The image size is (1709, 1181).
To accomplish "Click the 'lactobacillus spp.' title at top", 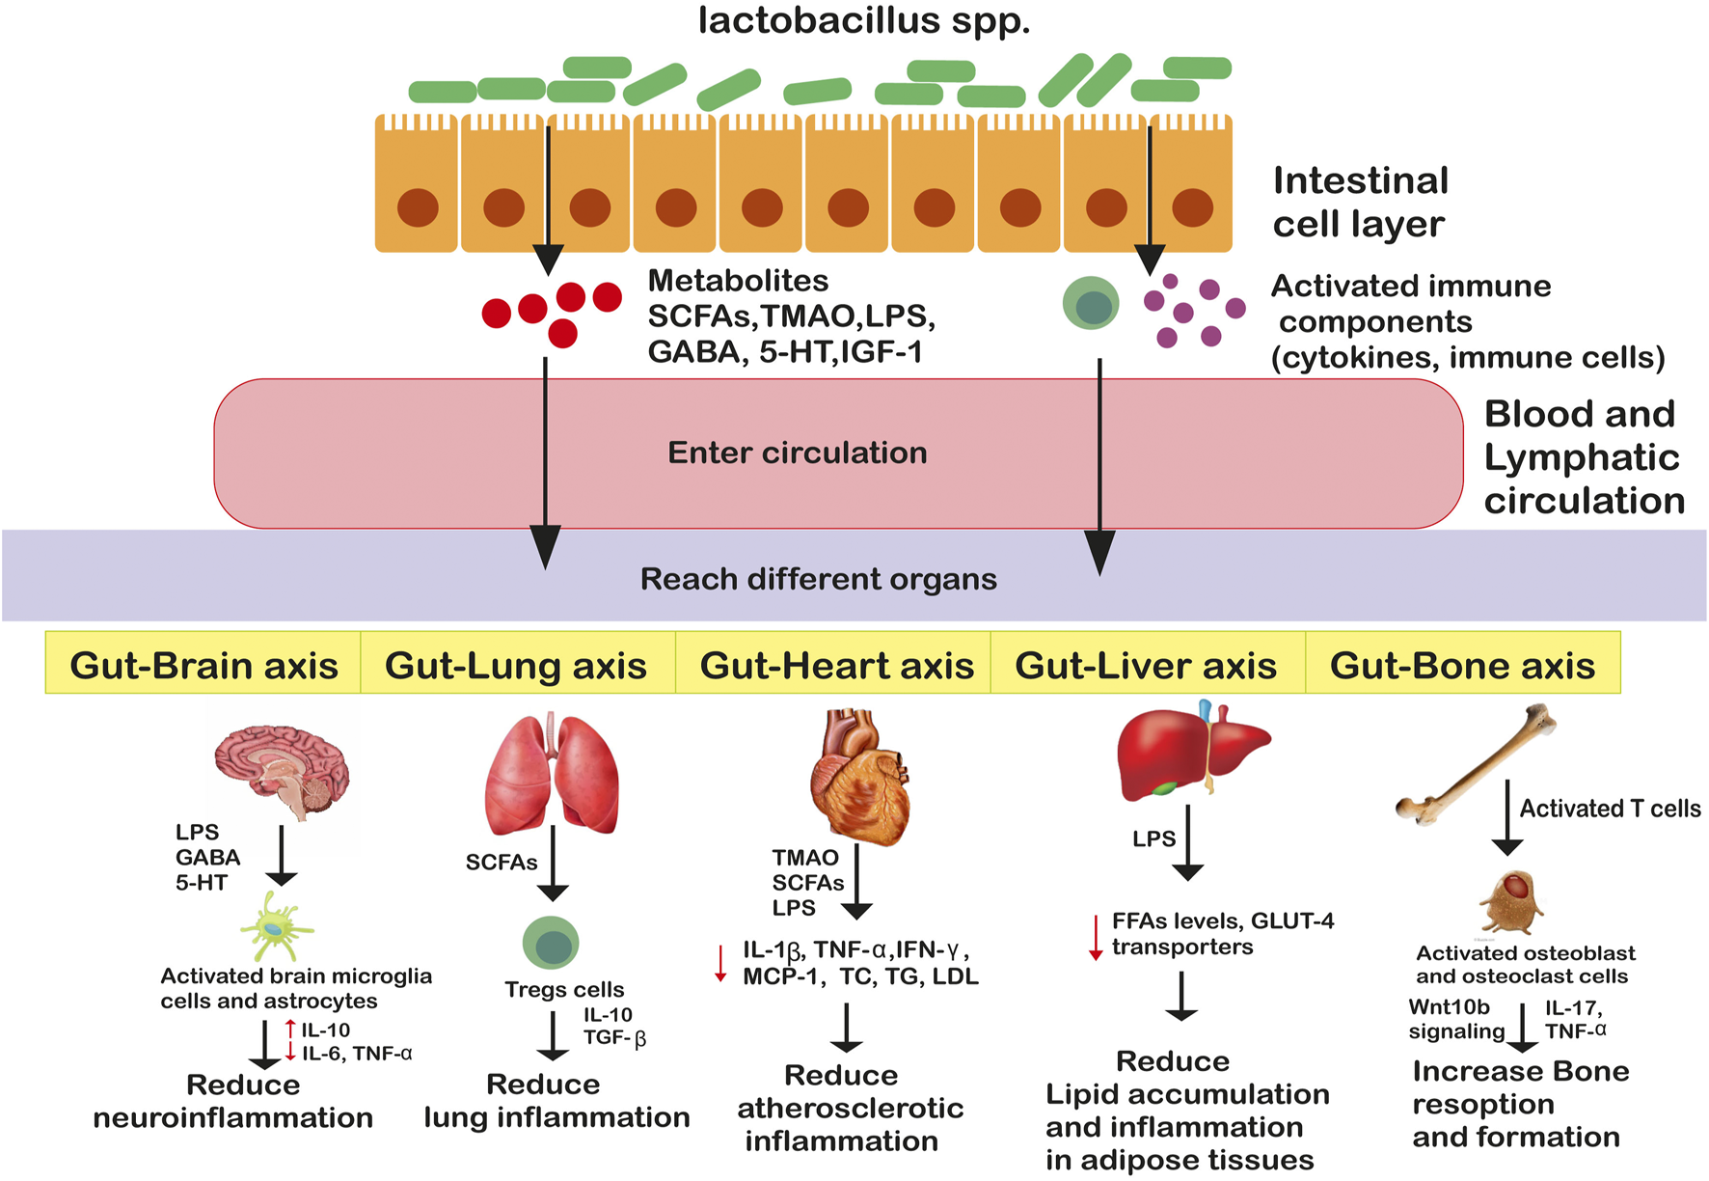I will click(x=864, y=20).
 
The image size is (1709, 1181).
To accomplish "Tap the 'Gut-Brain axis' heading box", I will click(x=203, y=665).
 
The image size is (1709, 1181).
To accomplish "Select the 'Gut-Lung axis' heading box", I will click(x=516, y=665).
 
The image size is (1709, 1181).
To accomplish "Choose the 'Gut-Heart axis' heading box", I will click(x=836, y=665).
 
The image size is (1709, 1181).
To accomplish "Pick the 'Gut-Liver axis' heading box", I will click(x=1146, y=665).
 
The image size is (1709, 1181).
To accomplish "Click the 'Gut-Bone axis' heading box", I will click(x=1462, y=665).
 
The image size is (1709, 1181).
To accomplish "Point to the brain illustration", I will click(x=282, y=772).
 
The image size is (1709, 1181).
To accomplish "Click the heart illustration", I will click(x=858, y=777).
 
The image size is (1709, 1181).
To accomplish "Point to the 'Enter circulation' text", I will click(x=797, y=453).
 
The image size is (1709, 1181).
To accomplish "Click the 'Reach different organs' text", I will click(x=818, y=579).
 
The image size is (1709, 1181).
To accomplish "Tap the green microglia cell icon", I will click(x=276, y=926).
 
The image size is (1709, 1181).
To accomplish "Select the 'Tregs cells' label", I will click(x=564, y=990).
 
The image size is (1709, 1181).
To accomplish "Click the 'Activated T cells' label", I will click(x=1610, y=809).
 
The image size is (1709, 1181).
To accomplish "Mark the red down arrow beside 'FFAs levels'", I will click(x=1096, y=937).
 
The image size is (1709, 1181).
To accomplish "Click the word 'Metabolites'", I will click(x=738, y=281).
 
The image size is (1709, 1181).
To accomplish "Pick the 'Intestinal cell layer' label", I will click(x=1360, y=202).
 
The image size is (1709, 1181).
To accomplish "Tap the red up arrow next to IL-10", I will click(x=290, y=1030).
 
